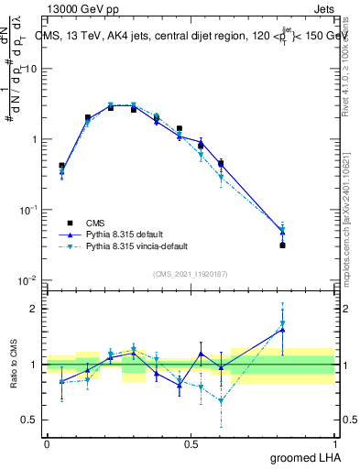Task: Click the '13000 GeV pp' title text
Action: click(x=82, y=8)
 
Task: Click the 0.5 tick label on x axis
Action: click(x=191, y=443)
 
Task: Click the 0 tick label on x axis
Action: click(x=47, y=443)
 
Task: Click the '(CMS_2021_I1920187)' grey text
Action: click(x=191, y=273)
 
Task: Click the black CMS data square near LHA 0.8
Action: click(x=282, y=245)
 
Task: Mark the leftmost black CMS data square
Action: click(x=61, y=166)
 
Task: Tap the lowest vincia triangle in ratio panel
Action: click(x=221, y=400)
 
